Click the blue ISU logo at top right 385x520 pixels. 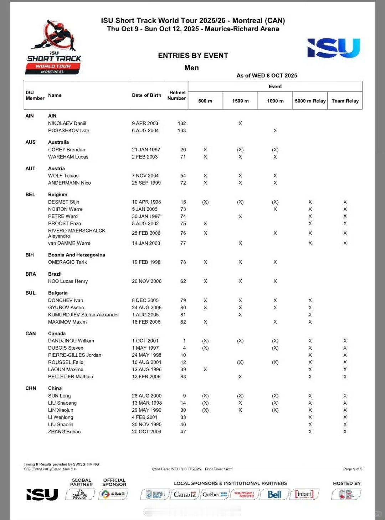pyautogui.click(x=333, y=48)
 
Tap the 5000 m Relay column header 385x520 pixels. pyautogui.click(x=310, y=101)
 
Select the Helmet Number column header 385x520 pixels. pyautogui.click(x=177, y=95)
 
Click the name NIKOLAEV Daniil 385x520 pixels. pyautogui.click(x=67, y=123)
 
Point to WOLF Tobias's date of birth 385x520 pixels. pyautogui.click(x=145, y=176)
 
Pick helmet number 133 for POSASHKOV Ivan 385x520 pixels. pyautogui.click(x=182, y=130)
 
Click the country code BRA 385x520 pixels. pyautogui.click(x=31, y=274)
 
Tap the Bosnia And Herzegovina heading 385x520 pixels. pyautogui.click(x=76, y=255)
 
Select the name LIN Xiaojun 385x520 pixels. pyautogui.click(x=61, y=410)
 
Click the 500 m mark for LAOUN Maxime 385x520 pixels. pyautogui.click(x=205, y=369)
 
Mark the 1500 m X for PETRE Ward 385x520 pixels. pyautogui.click(x=240, y=216)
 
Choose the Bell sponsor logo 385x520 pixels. pyautogui.click(x=274, y=494)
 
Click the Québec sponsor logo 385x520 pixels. pyautogui.click(x=214, y=494)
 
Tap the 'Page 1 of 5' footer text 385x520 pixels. pyautogui.click(x=353, y=469)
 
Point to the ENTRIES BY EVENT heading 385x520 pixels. pyautogui.click(x=193, y=55)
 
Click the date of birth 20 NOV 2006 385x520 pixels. pyautogui.click(x=147, y=281)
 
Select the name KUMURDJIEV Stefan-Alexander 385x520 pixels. pyautogui.click(x=83, y=315)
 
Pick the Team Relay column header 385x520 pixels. pyautogui.click(x=345, y=101)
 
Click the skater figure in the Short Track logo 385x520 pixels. pyautogui.click(x=57, y=36)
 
